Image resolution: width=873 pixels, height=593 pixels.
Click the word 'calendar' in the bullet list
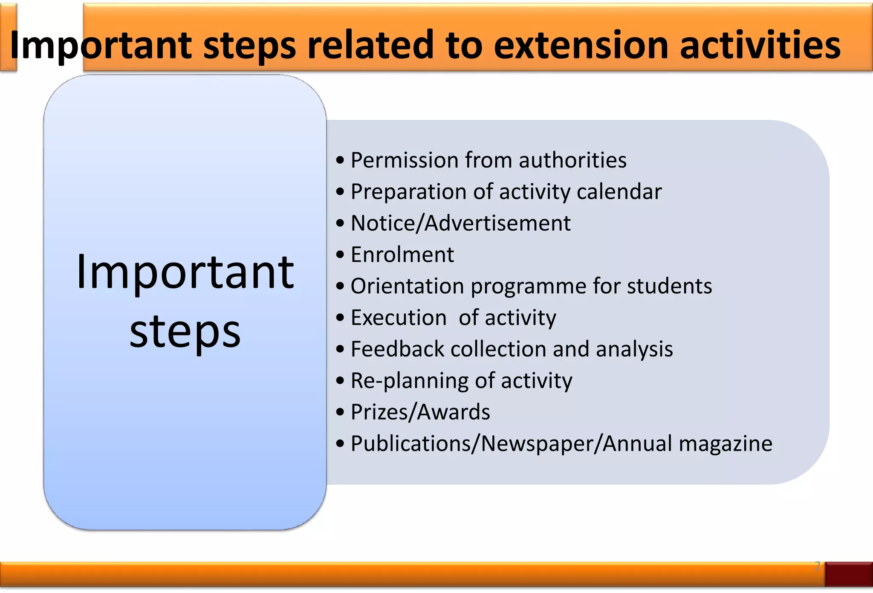(x=619, y=192)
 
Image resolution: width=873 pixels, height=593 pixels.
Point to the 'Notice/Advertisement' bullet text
(x=460, y=223)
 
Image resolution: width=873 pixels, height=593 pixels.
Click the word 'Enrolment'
(x=402, y=255)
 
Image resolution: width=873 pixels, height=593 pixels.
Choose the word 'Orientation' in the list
(x=407, y=286)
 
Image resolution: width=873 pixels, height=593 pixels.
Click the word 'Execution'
(x=399, y=318)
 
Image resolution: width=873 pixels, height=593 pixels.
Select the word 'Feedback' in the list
(x=397, y=349)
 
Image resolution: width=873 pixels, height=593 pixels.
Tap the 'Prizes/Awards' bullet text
(x=420, y=412)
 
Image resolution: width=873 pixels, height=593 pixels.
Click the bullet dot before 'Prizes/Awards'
(x=340, y=413)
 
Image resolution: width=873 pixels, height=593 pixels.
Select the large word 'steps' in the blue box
(x=185, y=333)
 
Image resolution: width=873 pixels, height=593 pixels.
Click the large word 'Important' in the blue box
(x=185, y=272)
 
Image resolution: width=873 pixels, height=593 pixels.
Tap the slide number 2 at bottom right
(x=817, y=566)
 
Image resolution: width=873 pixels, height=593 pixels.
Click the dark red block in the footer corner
(x=848, y=574)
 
